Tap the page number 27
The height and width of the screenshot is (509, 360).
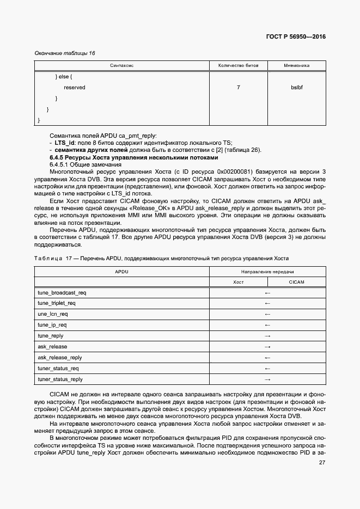(321, 463)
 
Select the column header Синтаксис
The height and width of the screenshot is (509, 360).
(121, 65)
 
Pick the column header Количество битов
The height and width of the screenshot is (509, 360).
(239, 65)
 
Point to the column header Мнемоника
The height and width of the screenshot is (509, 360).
(297, 65)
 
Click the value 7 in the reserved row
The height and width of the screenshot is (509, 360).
(239, 87)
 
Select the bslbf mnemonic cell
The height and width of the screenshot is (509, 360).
(297, 87)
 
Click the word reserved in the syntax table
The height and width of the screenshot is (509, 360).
(74, 87)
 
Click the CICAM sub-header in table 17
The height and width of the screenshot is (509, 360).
(297, 282)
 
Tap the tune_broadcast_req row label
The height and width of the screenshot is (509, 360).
(62, 292)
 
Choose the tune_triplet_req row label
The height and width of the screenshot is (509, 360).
(57, 303)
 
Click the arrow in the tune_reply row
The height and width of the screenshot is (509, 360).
(267, 336)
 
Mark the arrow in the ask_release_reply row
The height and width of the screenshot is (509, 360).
(267, 358)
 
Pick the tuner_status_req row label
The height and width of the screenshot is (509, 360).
(58, 369)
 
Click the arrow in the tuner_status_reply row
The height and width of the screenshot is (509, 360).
(267, 379)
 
